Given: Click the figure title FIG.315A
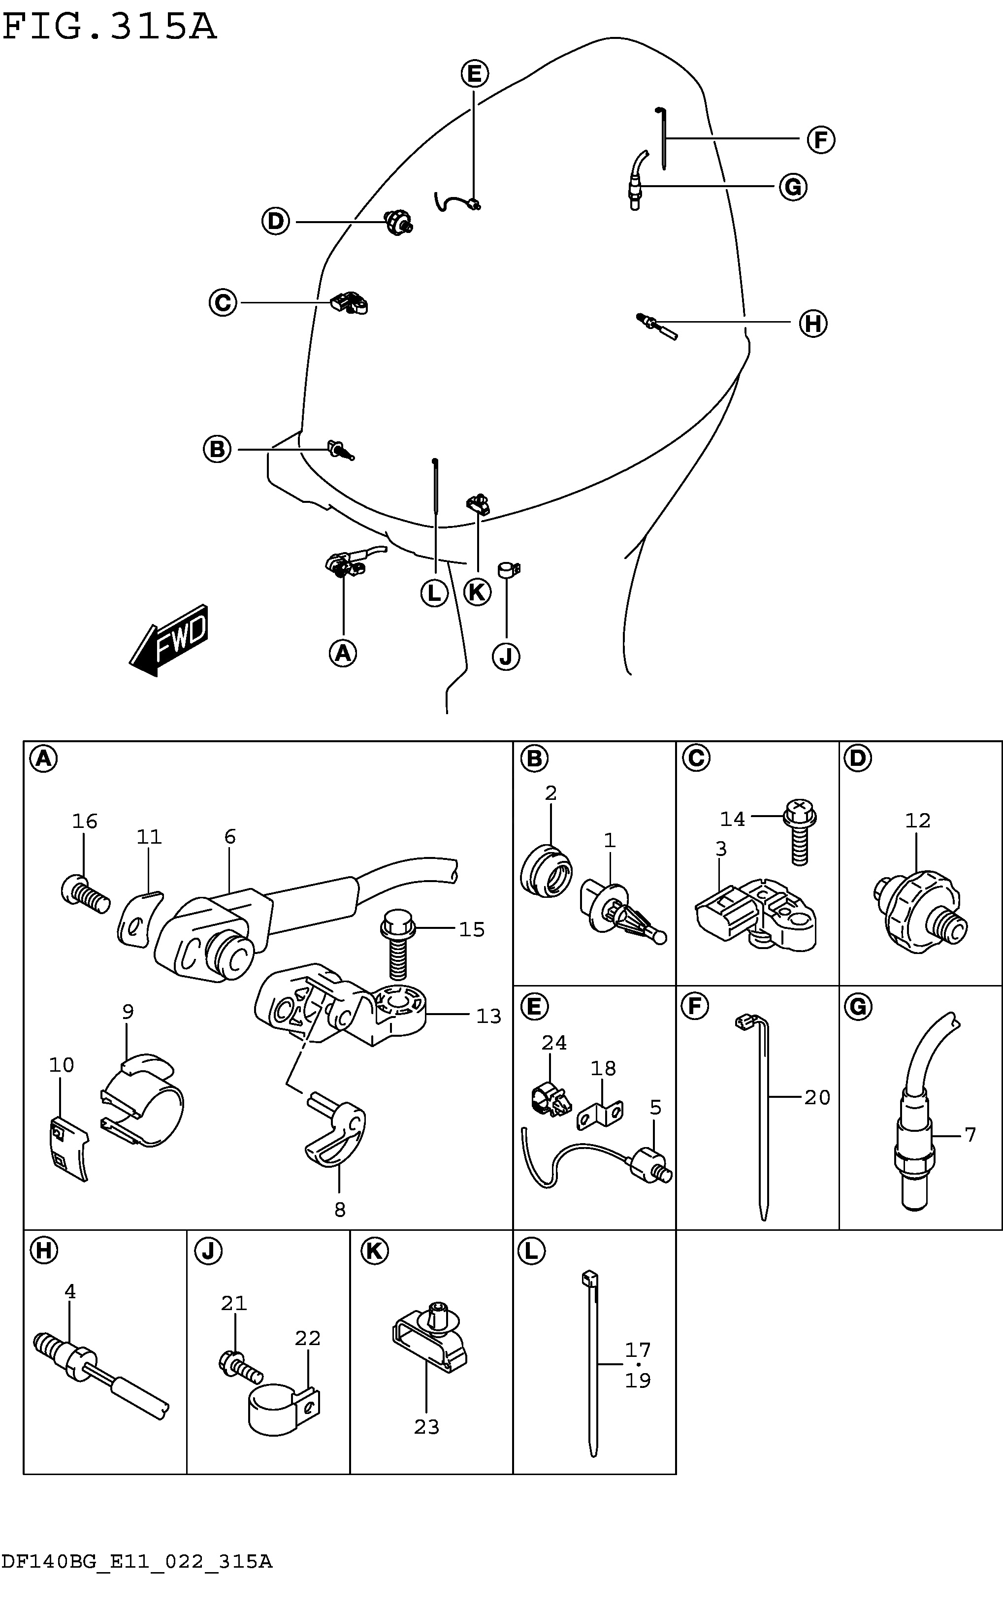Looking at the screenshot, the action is click(x=109, y=27).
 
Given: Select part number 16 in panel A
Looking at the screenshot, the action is click(x=85, y=821).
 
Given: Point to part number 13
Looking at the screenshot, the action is click(x=489, y=1016).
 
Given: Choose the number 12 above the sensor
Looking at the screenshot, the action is click(x=918, y=821).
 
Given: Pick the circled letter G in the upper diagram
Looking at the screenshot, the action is click(x=793, y=187).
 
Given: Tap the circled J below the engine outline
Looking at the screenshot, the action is click(x=506, y=657).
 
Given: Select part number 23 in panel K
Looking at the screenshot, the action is click(x=426, y=1427).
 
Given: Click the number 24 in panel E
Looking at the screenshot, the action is click(x=554, y=1043).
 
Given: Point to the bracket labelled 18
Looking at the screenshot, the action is click(x=600, y=1115).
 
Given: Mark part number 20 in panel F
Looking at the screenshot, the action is click(x=817, y=1097).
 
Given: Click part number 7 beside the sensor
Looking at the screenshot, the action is click(x=971, y=1135).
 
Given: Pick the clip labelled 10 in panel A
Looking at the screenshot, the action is click(x=69, y=1150).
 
